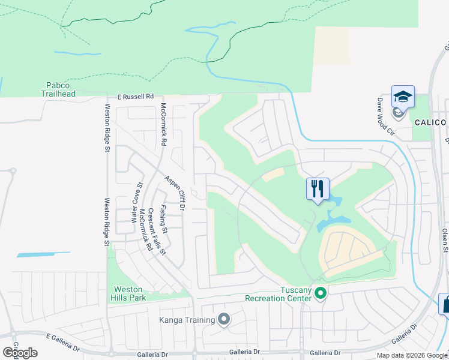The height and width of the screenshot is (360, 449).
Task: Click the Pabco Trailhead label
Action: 58,90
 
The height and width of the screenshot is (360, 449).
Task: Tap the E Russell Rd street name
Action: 135,96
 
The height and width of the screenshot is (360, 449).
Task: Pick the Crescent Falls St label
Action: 157,231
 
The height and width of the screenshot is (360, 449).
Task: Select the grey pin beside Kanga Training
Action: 224,319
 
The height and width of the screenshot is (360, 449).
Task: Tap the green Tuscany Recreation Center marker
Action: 321,293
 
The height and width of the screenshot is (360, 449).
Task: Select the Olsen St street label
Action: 445,239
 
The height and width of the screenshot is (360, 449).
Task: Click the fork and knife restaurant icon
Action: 318,189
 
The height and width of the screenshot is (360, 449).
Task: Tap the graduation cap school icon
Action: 403,96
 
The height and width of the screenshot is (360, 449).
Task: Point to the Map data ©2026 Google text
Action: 412,355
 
